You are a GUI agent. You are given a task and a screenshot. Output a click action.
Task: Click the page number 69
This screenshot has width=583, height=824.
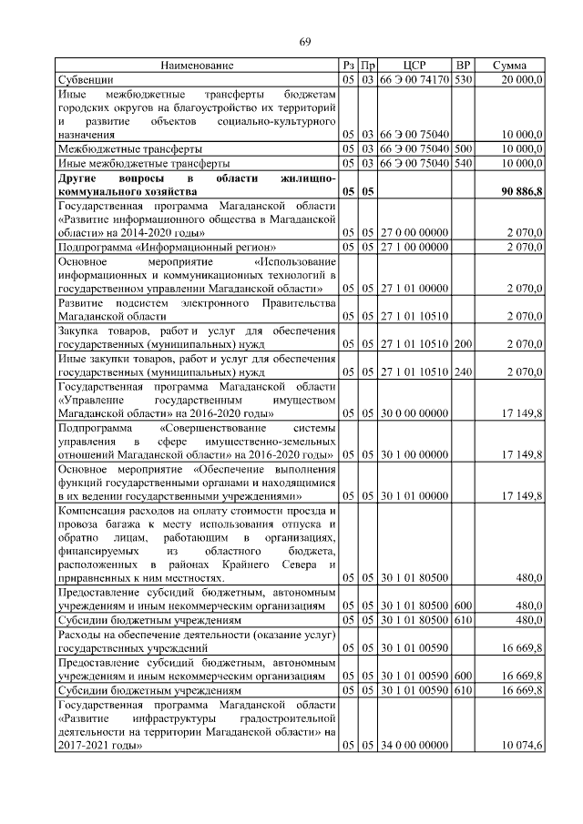click(x=305, y=41)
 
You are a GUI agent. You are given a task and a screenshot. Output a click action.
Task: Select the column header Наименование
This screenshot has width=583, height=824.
click(x=197, y=66)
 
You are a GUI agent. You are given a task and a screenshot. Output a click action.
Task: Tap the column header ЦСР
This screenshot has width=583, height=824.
click(x=414, y=66)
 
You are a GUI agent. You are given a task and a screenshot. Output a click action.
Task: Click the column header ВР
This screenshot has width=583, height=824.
click(x=463, y=66)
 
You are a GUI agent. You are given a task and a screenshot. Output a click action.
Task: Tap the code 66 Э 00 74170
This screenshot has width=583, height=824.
click(x=414, y=80)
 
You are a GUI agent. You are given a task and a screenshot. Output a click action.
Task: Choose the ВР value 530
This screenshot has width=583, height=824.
click(x=463, y=80)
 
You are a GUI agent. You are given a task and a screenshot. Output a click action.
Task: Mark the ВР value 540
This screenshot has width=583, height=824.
click(x=463, y=162)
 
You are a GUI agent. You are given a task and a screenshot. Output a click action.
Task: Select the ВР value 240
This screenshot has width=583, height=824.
click(x=463, y=371)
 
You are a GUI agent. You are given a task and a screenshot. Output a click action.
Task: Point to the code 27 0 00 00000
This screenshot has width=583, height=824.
click(x=414, y=233)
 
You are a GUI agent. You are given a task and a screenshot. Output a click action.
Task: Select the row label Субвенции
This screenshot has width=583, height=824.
click(x=84, y=80)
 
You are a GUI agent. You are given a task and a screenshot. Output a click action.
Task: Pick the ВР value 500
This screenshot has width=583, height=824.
click(x=463, y=148)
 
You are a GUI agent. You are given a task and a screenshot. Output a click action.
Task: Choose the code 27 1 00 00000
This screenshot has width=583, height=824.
click(x=414, y=247)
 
